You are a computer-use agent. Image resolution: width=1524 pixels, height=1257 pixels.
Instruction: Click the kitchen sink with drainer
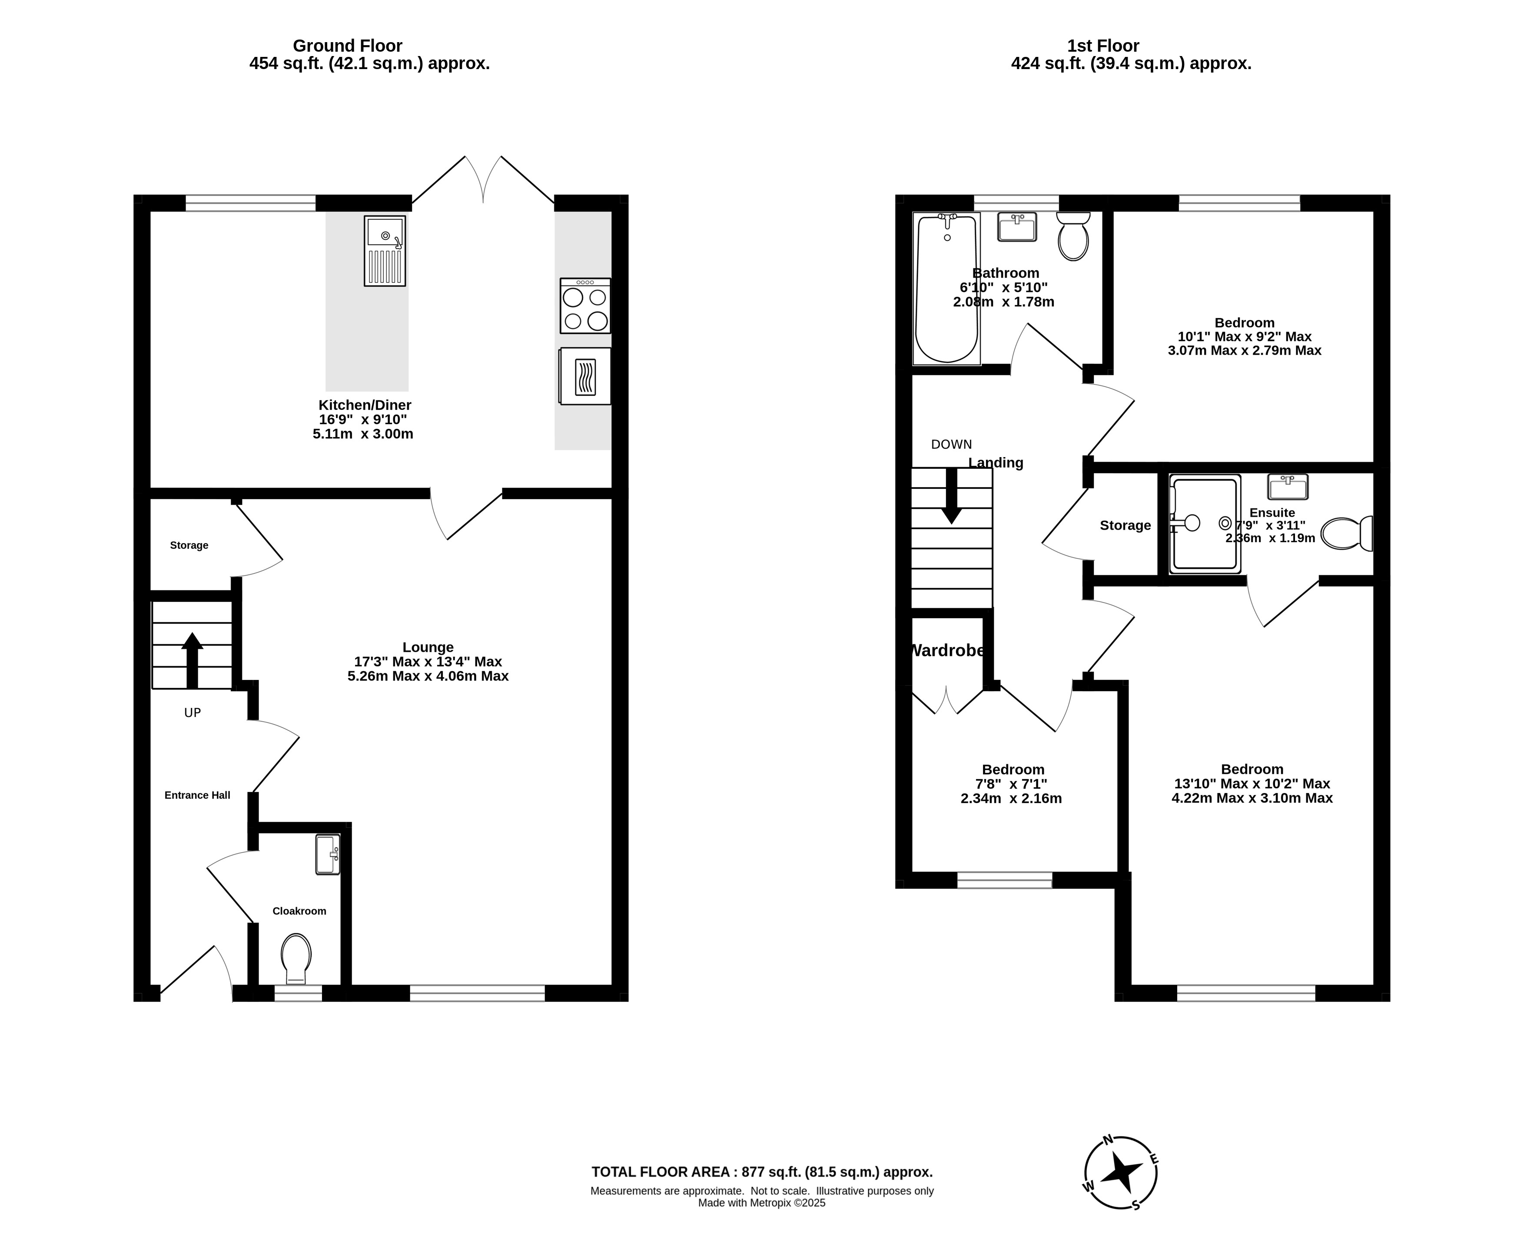(x=385, y=251)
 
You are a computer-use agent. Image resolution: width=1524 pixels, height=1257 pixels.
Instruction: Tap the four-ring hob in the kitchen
(x=585, y=305)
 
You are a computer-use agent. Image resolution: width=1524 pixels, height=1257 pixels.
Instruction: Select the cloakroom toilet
(x=296, y=959)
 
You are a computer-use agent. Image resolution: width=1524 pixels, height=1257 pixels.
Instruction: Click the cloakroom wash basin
(x=328, y=854)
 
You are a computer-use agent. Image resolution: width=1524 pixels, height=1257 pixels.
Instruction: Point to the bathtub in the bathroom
(x=947, y=288)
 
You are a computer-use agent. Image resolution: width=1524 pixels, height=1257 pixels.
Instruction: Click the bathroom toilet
(x=1073, y=236)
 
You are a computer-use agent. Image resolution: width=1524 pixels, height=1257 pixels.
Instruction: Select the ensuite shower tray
(x=1205, y=523)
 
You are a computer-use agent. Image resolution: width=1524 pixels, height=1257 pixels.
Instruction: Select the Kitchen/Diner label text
(x=365, y=405)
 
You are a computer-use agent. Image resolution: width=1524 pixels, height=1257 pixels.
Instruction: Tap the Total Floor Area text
(x=762, y=1171)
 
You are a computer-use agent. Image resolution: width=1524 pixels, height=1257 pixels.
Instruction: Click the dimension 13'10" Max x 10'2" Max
(x=1252, y=783)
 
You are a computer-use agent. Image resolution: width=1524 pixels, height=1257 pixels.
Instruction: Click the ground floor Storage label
(x=189, y=545)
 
